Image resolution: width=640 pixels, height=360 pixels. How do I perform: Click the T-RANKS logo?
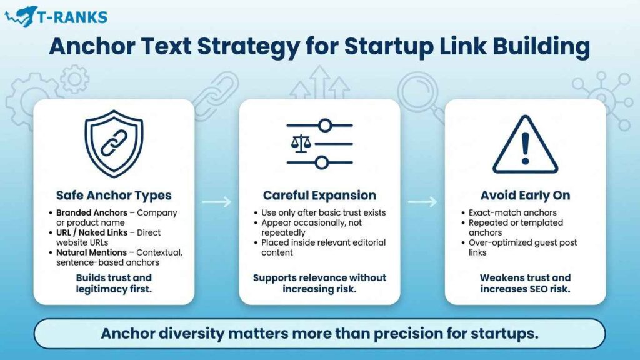point(56,17)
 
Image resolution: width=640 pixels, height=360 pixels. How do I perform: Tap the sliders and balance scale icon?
point(319,144)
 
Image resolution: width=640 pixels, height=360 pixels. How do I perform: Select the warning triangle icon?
point(525,145)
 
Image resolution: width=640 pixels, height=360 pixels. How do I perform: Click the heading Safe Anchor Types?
point(114,195)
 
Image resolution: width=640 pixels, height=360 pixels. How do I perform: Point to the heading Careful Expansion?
point(319,195)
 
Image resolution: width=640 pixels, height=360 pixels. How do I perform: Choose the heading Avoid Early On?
point(525,195)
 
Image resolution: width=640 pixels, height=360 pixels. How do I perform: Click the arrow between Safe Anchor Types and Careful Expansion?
point(217,202)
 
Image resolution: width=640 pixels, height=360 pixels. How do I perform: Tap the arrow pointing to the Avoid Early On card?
point(422,202)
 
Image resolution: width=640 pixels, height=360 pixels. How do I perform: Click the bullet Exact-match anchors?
point(504,212)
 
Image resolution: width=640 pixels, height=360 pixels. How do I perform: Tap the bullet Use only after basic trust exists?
point(324,212)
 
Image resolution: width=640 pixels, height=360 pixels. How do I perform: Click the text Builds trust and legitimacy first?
point(114,282)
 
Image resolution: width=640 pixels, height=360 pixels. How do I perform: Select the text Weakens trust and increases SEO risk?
point(525,282)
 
